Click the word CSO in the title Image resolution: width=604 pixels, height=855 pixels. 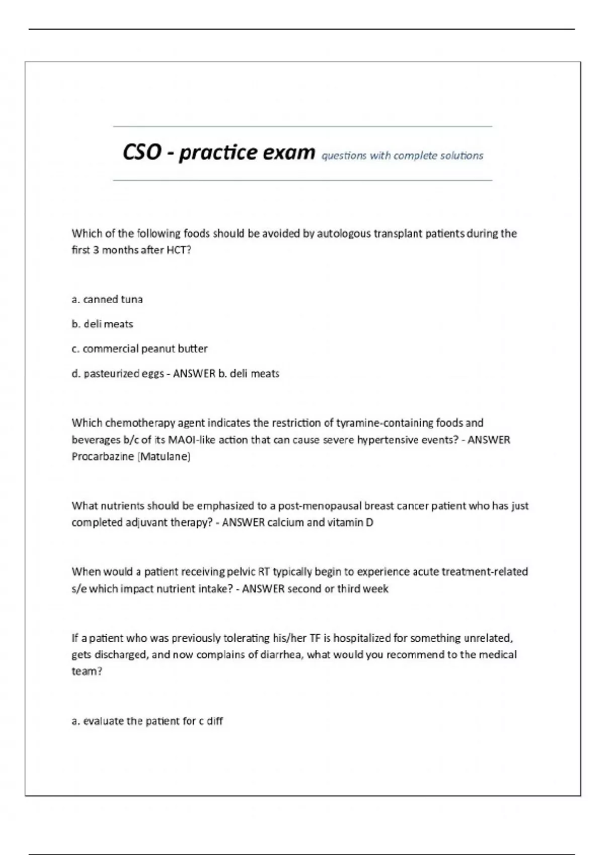(x=141, y=152)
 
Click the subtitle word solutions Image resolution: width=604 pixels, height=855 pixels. (x=462, y=156)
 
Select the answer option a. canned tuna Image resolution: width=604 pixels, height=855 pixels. (x=107, y=299)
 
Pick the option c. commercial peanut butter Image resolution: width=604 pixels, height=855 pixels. (x=139, y=349)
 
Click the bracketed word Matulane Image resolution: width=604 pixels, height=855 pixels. (x=164, y=457)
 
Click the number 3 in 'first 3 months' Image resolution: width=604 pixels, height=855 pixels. (x=96, y=250)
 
